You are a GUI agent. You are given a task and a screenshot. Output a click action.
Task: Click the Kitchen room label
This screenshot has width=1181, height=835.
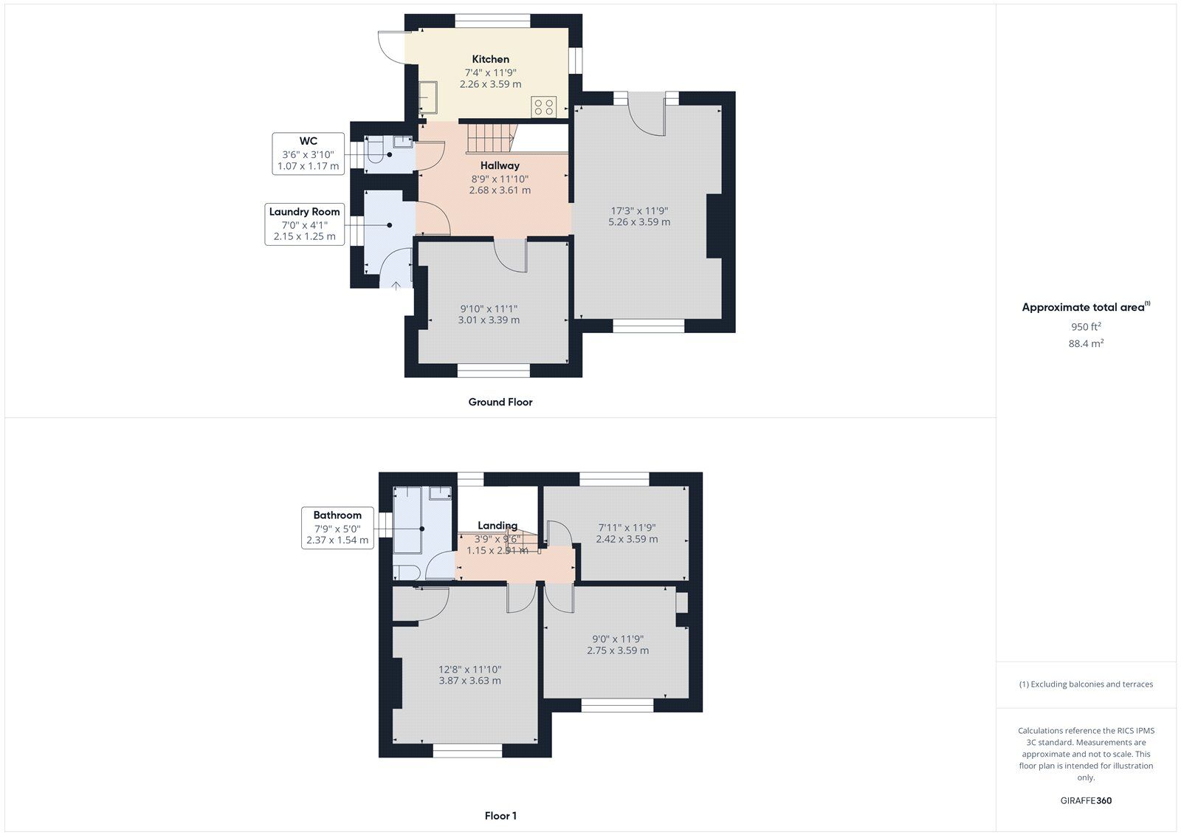pos(491,59)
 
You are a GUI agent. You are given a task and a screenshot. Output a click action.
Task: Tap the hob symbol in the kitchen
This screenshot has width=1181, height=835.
pos(544,106)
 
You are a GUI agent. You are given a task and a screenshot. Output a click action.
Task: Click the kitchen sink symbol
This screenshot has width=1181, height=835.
pos(429,95)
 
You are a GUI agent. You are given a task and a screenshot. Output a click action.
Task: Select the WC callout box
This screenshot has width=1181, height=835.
pos(308,154)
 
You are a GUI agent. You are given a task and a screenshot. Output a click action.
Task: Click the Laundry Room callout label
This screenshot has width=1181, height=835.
pos(304,212)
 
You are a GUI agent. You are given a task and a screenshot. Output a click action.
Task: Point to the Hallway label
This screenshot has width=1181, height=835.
pos(500,165)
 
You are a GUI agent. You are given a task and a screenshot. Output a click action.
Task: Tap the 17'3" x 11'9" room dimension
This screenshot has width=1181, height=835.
pos(639,216)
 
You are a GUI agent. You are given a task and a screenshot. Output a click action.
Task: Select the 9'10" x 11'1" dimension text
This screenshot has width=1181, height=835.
pos(489,315)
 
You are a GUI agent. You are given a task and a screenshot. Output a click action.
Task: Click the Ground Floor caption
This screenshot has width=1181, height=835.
pos(500,402)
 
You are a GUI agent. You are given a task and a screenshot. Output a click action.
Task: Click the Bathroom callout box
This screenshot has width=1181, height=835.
pos(337,527)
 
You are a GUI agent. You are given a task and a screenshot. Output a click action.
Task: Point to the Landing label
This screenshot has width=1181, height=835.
pos(497,526)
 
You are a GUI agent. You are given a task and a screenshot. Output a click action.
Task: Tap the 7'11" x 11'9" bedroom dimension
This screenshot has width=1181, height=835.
pos(627,533)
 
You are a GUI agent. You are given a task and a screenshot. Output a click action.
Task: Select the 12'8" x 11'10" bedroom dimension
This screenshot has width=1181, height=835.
pos(469,675)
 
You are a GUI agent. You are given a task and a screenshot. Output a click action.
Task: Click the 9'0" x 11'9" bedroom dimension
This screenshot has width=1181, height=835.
pos(618,645)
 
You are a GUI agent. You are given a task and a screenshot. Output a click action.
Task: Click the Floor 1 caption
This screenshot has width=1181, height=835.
pos(500,816)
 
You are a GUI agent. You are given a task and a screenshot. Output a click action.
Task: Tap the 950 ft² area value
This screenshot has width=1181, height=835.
pos(1086,326)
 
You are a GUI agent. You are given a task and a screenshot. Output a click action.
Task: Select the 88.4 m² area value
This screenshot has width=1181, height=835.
pos(1086,343)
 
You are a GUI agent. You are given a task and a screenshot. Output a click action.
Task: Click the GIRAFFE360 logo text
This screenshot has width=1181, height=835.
pos(1086,800)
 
